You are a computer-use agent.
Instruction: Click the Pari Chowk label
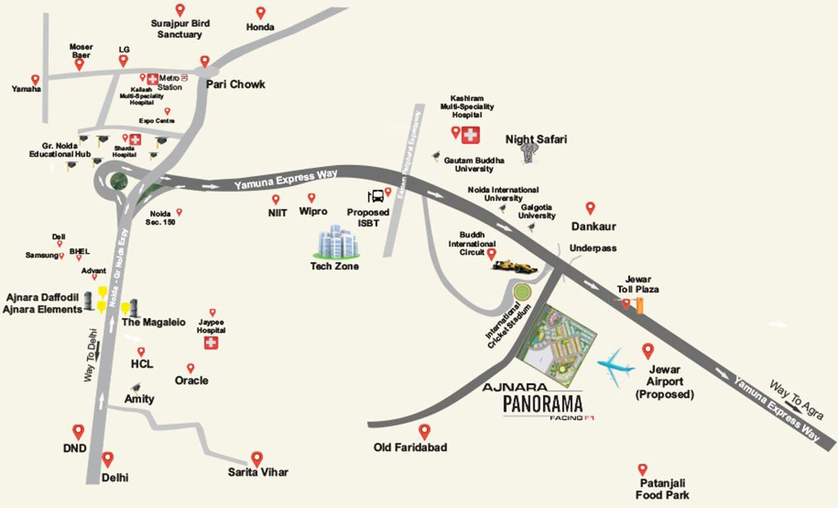(x=235, y=84)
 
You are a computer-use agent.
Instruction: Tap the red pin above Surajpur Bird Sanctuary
(x=180, y=10)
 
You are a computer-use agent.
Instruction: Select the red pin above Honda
(x=260, y=13)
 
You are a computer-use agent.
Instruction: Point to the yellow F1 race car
(x=514, y=265)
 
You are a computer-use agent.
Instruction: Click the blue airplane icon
(x=616, y=366)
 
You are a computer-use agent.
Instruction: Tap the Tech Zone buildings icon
(x=337, y=242)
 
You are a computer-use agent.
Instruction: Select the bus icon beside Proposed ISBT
(x=375, y=196)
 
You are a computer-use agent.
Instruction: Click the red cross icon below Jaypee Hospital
(x=211, y=343)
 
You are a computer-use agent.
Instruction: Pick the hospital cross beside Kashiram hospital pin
(x=471, y=134)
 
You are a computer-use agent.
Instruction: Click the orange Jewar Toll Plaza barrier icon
(x=639, y=305)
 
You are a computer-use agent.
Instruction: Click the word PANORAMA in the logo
(x=542, y=403)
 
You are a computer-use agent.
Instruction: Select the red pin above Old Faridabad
(x=424, y=431)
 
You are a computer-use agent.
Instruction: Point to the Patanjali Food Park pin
(x=642, y=470)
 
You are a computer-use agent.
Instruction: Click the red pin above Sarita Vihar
(x=256, y=458)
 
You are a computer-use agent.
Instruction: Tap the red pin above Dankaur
(x=590, y=208)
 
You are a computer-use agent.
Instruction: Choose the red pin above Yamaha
(x=35, y=79)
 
